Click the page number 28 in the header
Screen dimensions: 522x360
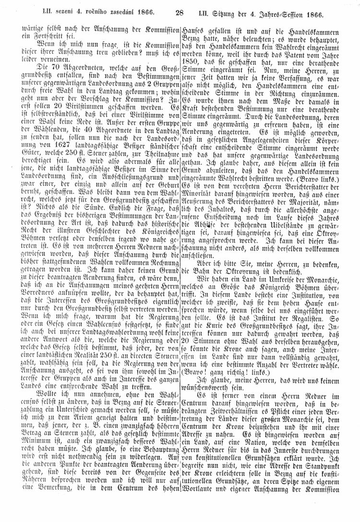coord(180,13)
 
